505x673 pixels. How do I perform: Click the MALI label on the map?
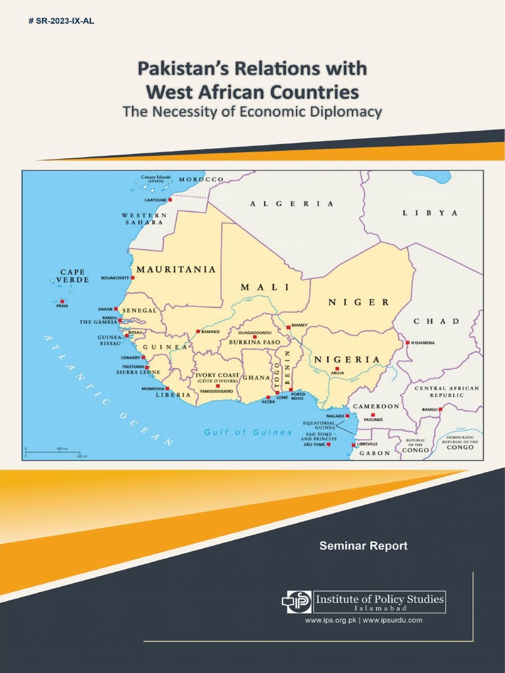(264, 287)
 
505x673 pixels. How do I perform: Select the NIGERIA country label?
(347, 360)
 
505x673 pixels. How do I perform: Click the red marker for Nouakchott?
(132, 278)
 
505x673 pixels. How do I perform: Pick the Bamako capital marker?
(197, 332)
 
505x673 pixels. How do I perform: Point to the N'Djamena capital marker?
(408, 342)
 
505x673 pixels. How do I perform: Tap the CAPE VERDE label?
(73, 275)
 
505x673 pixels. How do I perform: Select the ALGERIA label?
(292, 204)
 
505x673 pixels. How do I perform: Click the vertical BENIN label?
(287, 363)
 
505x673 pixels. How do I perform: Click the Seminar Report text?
(363, 545)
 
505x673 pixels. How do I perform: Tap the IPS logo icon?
(297, 601)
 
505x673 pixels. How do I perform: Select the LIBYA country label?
(430, 213)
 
